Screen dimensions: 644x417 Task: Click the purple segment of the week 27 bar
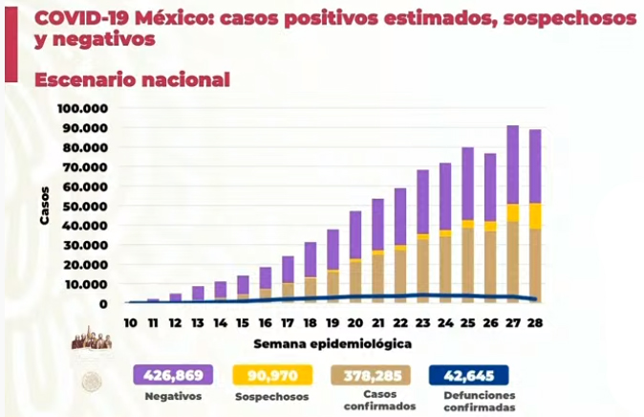pos(512,165)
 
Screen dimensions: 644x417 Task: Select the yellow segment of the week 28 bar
pos(535,216)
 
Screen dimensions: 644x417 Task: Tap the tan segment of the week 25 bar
pos(468,265)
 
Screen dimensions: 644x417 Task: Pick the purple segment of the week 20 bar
pos(355,235)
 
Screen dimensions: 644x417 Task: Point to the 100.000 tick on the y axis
pos(82,109)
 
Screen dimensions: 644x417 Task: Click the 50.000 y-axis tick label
pos(85,206)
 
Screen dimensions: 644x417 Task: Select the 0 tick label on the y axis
pos(103,304)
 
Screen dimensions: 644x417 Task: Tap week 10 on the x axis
pos(130,323)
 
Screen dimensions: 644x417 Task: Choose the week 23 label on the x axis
pos(422,323)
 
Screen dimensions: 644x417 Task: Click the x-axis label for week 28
pos(535,323)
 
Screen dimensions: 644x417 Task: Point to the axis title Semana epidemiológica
pos(333,343)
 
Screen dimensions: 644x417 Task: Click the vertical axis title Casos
pos(44,206)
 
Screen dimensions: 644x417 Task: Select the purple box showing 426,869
pos(173,375)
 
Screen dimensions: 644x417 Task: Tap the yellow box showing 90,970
pos(272,375)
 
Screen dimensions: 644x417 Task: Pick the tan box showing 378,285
pos(371,375)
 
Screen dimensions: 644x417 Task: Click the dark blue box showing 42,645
pos(468,375)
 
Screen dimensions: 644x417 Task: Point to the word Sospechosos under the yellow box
pos(272,397)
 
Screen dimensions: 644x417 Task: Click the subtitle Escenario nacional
pos(132,79)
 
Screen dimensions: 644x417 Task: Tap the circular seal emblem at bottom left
pos(91,382)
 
